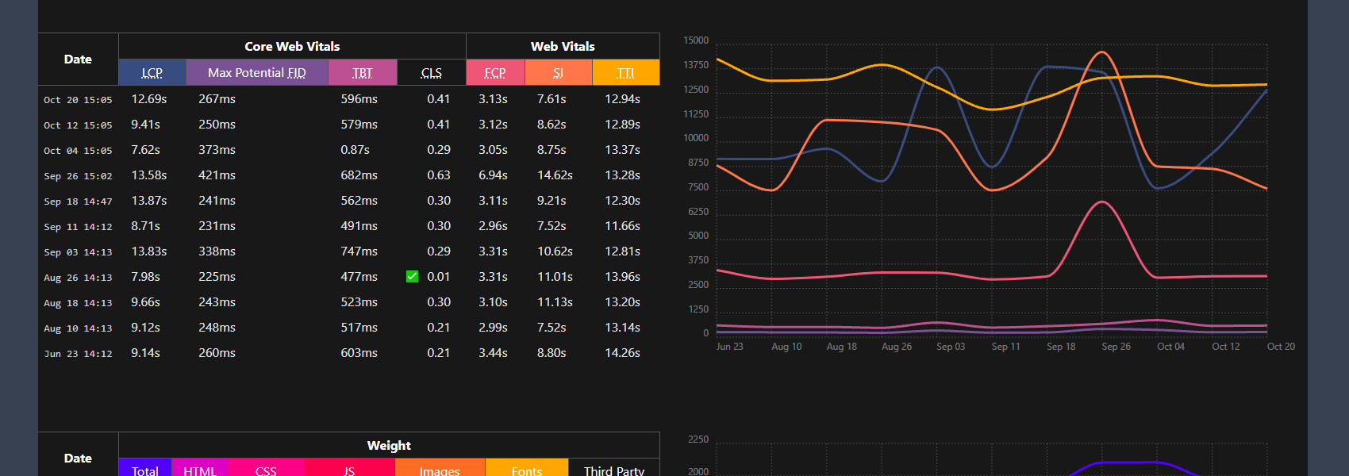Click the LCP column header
(x=152, y=72)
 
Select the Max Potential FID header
(x=256, y=72)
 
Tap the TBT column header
(x=362, y=72)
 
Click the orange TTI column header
(x=625, y=72)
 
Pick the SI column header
(x=558, y=72)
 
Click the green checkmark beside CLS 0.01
(x=412, y=276)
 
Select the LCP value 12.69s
(x=149, y=99)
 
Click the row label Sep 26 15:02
(x=78, y=176)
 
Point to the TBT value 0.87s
(x=355, y=150)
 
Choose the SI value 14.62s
(x=555, y=175)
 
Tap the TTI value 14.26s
(x=622, y=353)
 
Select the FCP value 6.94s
(x=493, y=175)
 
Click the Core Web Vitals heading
(x=292, y=46)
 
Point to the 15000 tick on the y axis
(x=696, y=40)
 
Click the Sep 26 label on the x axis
(x=1116, y=347)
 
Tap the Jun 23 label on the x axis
(x=729, y=347)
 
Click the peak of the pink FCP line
(x=1101, y=202)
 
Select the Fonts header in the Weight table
(x=527, y=470)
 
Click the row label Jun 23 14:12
(x=78, y=354)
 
